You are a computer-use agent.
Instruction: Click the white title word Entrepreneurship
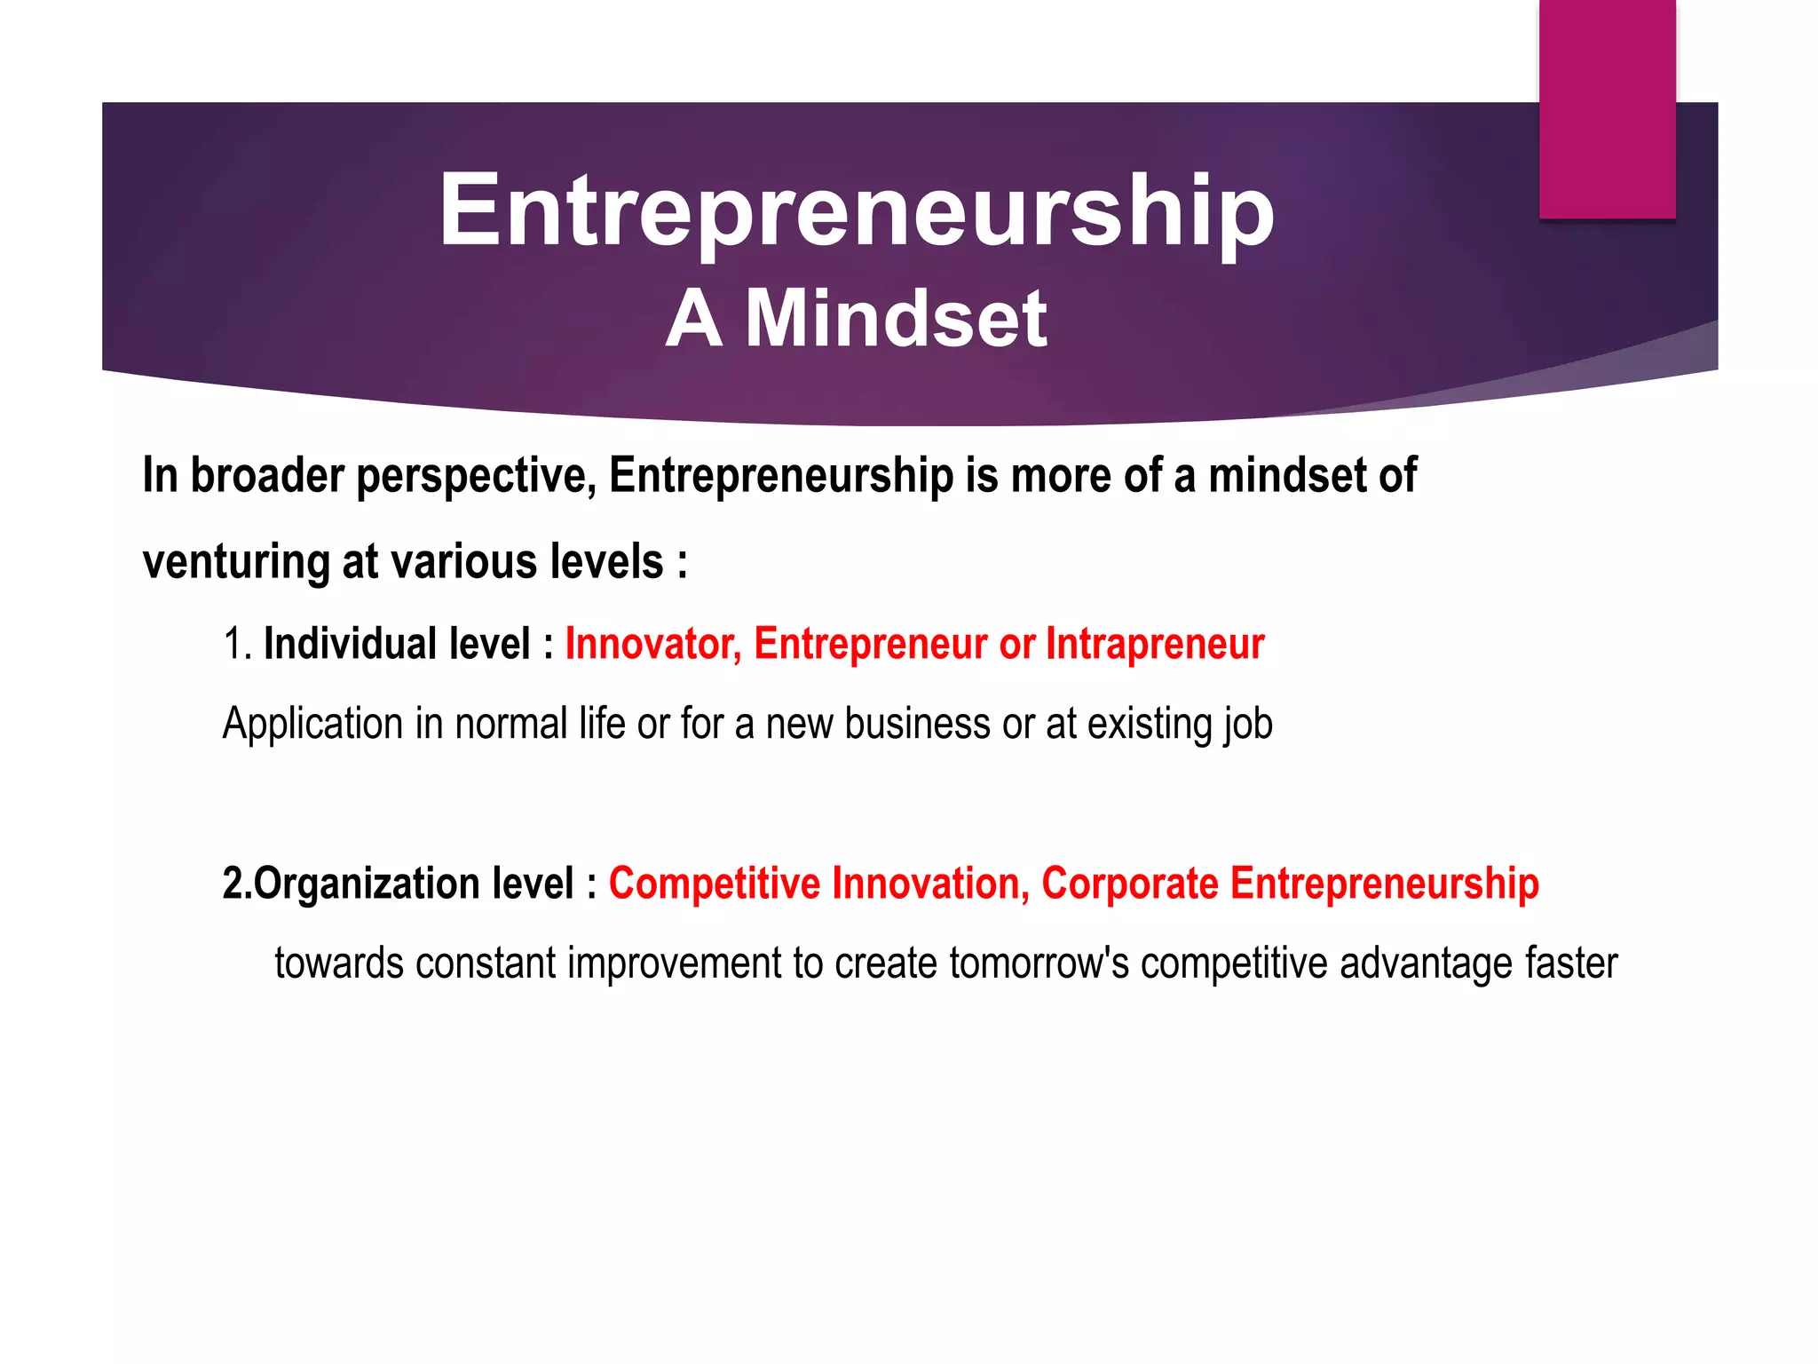click(x=857, y=211)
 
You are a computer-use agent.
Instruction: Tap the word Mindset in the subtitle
click(x=896, y=319)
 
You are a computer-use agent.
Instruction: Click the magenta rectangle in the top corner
click(x=1607, y=108)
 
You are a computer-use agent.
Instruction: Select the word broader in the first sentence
click(x=267, y=475)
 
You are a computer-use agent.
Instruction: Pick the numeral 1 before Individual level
click(x=233, y=644)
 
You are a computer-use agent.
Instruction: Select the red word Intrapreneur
click(x=1155, y=644)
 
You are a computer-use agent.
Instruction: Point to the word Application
click(x=313, y=724)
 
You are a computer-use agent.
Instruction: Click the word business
click(x=917, y=724)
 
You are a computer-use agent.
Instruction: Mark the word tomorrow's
click(x=1039, y=964)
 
